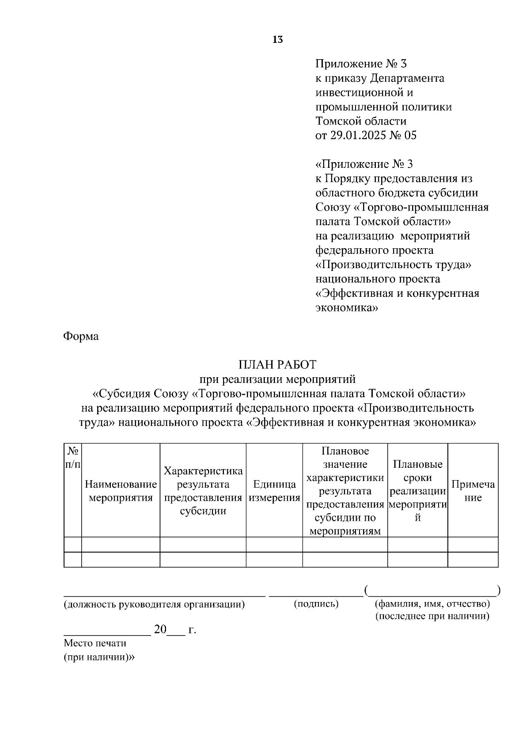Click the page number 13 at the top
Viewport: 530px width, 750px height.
pyautogui.click(x=278, y=40)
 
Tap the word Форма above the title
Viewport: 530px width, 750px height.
pyautogui.click(x=81, y=337)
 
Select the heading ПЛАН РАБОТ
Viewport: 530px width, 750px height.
pyautogui.click(x=277, y=365)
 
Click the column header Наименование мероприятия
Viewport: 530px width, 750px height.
pyautogui.click(x=121, y=491)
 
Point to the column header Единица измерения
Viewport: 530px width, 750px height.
pyautogui.click(x=274, y=491)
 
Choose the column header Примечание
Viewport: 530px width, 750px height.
pyautogui.click(x=473, y=491)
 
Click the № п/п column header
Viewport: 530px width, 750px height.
pyautogui.click(x=73, y=458)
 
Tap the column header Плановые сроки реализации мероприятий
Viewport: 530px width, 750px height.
pyautogui.click(x=417, y=491)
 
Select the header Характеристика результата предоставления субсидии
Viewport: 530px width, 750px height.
pyautogui.click(x=203, y=491)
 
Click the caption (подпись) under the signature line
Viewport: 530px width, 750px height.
pyautogui.click(x=316, y=604)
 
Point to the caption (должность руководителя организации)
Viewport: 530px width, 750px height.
pyautogui.click(x=154, y=604)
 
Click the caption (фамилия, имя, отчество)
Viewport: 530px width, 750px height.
pyautogui.click(x=432, y=604)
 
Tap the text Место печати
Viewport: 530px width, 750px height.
pyautogui.click(x=95, y=643)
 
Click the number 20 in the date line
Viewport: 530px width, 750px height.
pyautogui.click(x=159, y=629)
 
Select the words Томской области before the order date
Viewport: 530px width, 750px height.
pyautogui.click(x=361, y=121)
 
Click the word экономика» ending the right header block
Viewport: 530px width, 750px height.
pyautogui.click(x=347, y=308)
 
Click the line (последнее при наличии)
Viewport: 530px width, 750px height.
pyautogui.click(x=432, y=616)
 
